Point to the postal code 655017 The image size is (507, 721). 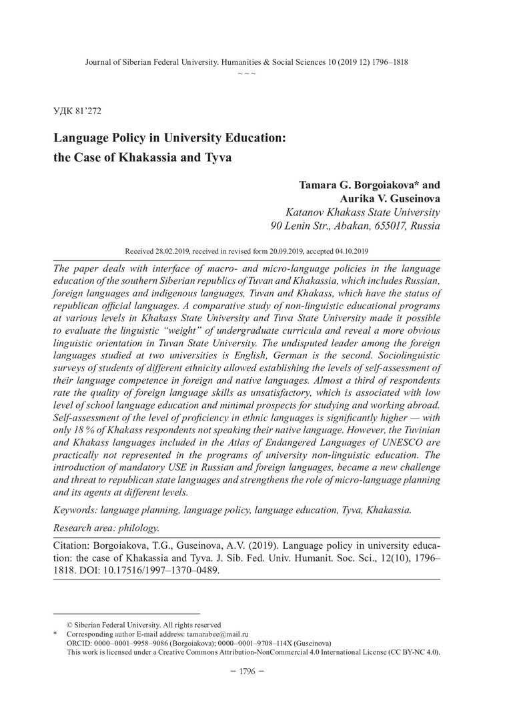click(x=391, y=226)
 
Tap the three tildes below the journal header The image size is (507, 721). click(x=247, y=72)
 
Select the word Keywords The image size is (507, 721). click(x=75, y=510)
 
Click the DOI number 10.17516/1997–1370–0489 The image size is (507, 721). click(x=160, y=571)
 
